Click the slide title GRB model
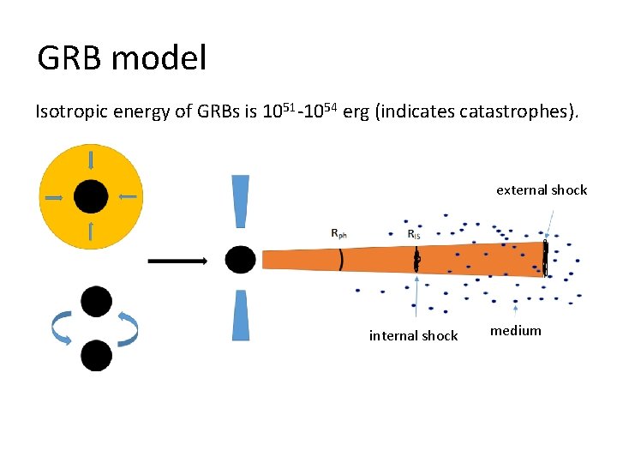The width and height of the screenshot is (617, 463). tap(122, 59)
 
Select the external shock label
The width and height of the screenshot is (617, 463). tap(542, 190)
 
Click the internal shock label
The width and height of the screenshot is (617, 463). tap(413, 336)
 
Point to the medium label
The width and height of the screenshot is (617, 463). tap(515, 331)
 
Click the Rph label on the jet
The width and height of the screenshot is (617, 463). tap(340, 232)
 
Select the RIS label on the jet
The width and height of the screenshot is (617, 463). tap(413, 233)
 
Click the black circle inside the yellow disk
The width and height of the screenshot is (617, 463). tap(91, 197)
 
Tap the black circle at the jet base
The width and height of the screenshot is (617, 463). tap(240, 260)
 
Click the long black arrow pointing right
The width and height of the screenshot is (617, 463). tap(177, 260)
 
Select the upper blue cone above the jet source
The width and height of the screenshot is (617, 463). tap(240, 202)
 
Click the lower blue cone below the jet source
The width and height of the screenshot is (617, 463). tap(240, 315)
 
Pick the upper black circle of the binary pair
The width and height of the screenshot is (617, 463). tap(95, 301)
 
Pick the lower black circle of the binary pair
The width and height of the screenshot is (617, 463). tap(95, 355)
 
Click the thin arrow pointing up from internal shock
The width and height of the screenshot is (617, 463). tap(416, 300)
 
